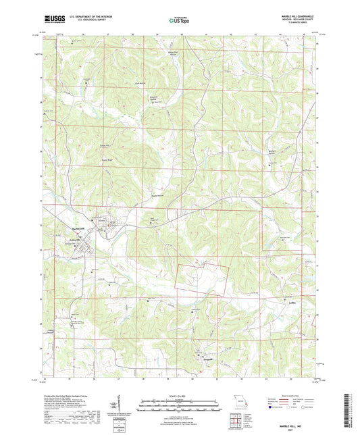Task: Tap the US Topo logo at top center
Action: [x=179, y=20]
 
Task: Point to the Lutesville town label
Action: [x=74, y=240]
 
